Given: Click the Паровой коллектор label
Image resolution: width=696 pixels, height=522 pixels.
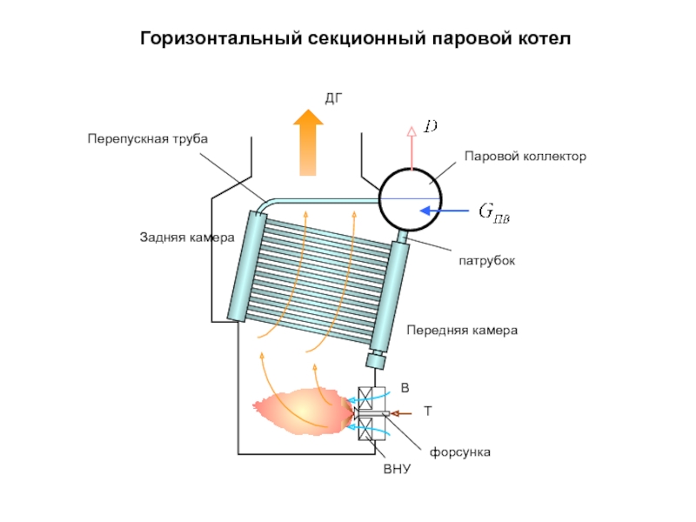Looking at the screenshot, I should pos(525,157).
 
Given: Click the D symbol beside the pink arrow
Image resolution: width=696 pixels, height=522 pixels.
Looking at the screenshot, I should pos(431,127).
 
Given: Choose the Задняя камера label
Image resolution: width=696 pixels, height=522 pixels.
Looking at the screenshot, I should pos(187,237).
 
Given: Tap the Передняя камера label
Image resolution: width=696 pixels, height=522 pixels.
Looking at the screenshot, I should pos(462,331).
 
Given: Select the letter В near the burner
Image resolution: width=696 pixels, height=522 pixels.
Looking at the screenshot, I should pos(405,386).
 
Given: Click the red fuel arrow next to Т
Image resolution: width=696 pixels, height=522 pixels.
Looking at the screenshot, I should pos(403,412).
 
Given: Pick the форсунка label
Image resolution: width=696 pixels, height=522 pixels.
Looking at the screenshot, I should pos(461,452).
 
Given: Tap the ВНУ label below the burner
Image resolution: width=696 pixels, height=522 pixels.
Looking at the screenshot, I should pos(396,470).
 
